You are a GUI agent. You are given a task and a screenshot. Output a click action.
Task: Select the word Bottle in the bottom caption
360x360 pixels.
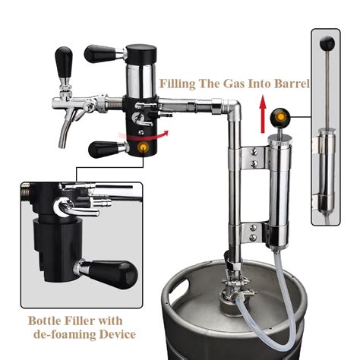46,319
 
